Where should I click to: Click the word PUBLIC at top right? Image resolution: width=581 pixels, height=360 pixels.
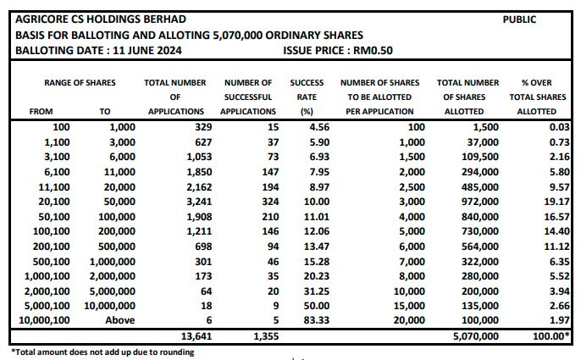coord(519,19)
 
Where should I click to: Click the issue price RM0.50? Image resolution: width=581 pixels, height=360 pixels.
coord(373,51)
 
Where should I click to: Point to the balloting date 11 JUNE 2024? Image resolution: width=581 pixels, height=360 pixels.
coord(147,51)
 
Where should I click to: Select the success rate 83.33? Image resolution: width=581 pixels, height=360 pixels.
coord(317,320)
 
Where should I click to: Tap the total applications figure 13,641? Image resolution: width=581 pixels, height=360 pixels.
coord(196,336)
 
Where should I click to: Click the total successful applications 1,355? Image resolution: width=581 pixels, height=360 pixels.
coord(266,336)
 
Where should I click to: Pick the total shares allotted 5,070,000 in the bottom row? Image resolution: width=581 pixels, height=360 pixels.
coord(476,336)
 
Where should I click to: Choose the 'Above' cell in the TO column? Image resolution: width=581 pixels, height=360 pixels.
coord(120,320)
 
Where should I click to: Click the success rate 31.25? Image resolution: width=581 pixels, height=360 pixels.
coord(317,291)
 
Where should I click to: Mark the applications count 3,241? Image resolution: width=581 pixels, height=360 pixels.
coord(199,202)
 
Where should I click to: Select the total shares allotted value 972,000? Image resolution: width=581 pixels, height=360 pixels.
coord(480,202)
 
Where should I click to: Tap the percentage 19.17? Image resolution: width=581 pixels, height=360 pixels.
coord(557,202)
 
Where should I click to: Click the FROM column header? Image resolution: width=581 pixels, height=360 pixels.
coord(41,111)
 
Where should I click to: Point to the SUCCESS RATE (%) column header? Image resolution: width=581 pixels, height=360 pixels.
coord(307,97)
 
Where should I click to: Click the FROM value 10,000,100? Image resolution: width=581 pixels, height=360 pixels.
coord(44,320)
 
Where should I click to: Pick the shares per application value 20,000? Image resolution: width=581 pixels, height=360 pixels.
coord(409,320)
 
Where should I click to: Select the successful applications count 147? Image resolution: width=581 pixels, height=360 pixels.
coord(270,172)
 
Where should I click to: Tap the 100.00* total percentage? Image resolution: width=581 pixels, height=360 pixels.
coord(551,336)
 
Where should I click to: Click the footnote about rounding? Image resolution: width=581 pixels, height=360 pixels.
coord(102,352)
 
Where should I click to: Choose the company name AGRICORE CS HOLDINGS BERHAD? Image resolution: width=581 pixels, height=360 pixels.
coord(101,19)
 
